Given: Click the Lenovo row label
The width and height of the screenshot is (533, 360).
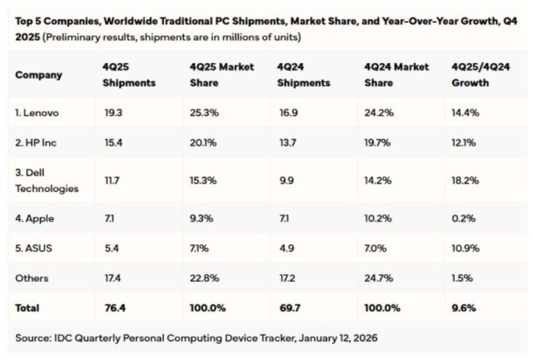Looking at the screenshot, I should tap(37, 112).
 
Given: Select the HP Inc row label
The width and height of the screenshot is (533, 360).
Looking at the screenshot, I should tap(37, 143).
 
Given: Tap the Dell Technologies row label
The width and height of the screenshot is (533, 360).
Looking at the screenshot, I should tap(47, 180).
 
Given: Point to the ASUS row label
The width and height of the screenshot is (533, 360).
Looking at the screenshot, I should tap(35, 247).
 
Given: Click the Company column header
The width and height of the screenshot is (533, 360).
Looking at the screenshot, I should tap(38, 75).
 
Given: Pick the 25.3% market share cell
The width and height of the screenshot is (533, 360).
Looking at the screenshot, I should tap(204, 112).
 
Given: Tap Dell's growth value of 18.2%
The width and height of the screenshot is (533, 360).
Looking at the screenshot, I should tap(466, 180).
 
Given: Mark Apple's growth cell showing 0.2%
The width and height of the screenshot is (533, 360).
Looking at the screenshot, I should tap(464, 217).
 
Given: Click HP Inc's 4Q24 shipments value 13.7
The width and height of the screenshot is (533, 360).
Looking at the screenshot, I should tap(287, 143).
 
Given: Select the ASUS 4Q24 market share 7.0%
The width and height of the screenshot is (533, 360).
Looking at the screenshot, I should tap(378, 247).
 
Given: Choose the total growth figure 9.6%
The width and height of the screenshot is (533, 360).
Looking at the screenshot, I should tap(464, 308).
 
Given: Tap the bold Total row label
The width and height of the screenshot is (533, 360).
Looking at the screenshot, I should tap(27, 308).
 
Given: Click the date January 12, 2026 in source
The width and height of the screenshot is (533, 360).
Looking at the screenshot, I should tap(337, 338).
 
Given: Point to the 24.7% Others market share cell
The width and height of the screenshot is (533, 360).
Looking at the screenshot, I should tap(379, 278).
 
